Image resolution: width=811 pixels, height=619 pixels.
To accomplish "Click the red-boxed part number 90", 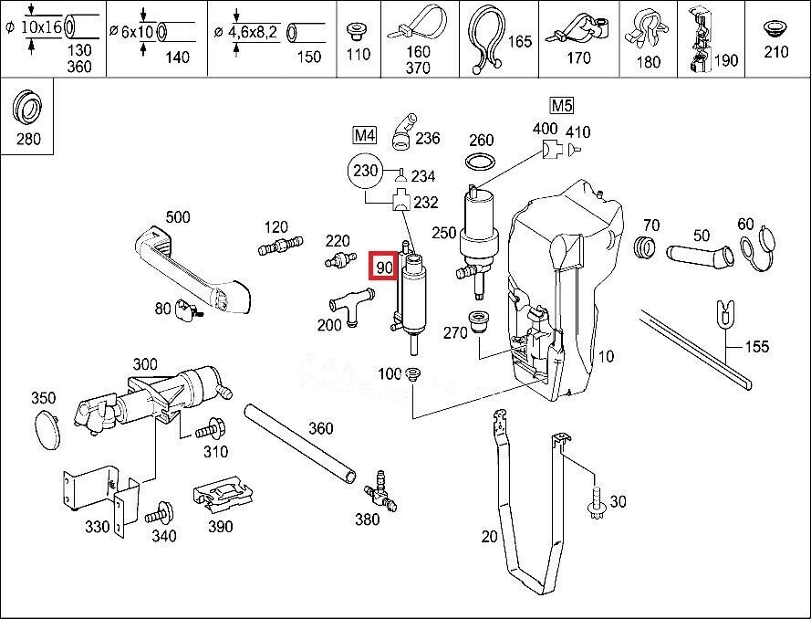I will click(x=383, y=268).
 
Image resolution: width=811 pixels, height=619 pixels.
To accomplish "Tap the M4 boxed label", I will click(x=365, y=136).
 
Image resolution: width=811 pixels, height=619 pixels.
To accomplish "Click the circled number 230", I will click(x=365, y=171).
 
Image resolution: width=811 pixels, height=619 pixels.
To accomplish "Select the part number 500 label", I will click(x=178, y=216).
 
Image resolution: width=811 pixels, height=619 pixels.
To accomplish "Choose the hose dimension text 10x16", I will click(x=40, y=27).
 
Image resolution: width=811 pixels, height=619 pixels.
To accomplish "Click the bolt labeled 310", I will click(x=212, y=425).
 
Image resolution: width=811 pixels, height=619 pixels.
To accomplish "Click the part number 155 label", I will click(x=757, y=346).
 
